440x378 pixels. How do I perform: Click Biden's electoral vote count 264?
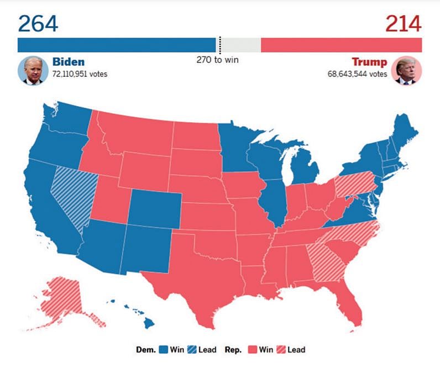click(x=38, y=23)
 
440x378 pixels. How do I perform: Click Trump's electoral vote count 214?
click(x=403, y=23)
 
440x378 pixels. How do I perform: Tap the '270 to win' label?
click(x=218, y=60)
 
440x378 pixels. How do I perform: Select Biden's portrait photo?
click(x=33, y=71)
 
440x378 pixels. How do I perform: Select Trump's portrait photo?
click(x=407, y=71)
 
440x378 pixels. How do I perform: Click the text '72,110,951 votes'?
click(x=80, y=74)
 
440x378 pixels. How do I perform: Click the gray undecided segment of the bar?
click(x=240, y=45)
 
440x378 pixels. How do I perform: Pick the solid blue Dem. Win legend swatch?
click(x=163, y=349)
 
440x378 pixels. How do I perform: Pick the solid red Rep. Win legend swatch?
click(x=253, y=349)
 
